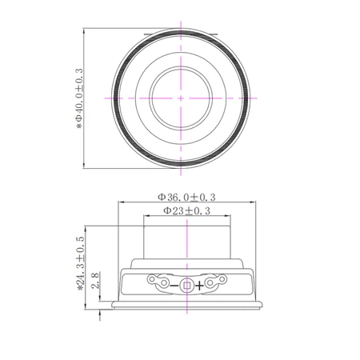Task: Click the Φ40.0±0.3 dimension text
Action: tap(79, 98)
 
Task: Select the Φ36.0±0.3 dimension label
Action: tap(186, 197)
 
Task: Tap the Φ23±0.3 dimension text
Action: tap(186, 210)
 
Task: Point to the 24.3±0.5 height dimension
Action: tap(80, 263)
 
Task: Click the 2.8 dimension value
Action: tap(96, 280)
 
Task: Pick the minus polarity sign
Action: tap(174, 286)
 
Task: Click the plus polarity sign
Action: tap(199, 286)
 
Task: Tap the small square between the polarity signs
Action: tap(186, 286)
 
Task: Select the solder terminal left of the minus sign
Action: tap(158, 281)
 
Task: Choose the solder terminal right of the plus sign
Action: tap(216, 281)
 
